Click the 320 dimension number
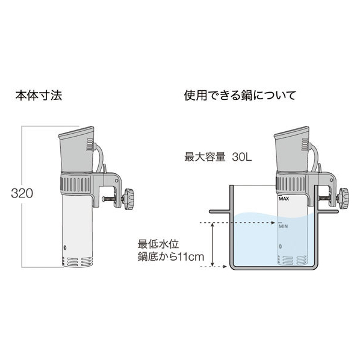point(22,193)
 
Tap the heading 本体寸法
point(39,95)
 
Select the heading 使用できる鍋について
point(240,95)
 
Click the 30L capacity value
point(242,157)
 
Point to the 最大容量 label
point(205,157)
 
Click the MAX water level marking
point(284,199)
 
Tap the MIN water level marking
point(283,226)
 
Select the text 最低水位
point(158,244)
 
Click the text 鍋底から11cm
point(171,256)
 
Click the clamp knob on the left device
point(129,199)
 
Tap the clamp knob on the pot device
point(343,199)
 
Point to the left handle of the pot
point(220,211)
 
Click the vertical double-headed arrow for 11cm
point(213,244)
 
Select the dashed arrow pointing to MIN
point(238,223)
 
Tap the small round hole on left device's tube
point(65,247)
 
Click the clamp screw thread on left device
point(113,199)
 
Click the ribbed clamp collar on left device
point(76,185)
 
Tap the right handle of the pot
point(328,211)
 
